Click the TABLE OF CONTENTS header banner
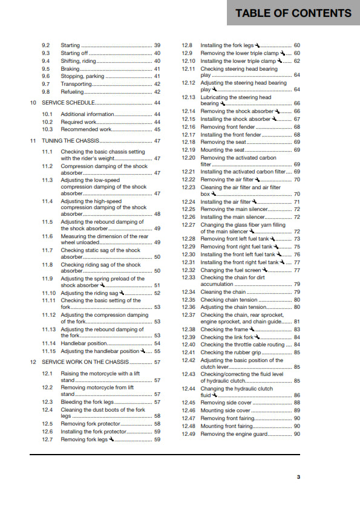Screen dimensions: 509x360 click(293, 13)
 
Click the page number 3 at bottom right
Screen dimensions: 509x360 click(298, 478)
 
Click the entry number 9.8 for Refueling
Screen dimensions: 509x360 click(46, 92)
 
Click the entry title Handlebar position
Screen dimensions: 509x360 click(85, 343)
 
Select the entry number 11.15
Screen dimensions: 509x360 click(48, 351)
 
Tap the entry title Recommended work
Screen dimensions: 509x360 click(86, 129)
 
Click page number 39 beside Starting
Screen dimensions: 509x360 click(157, 45)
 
